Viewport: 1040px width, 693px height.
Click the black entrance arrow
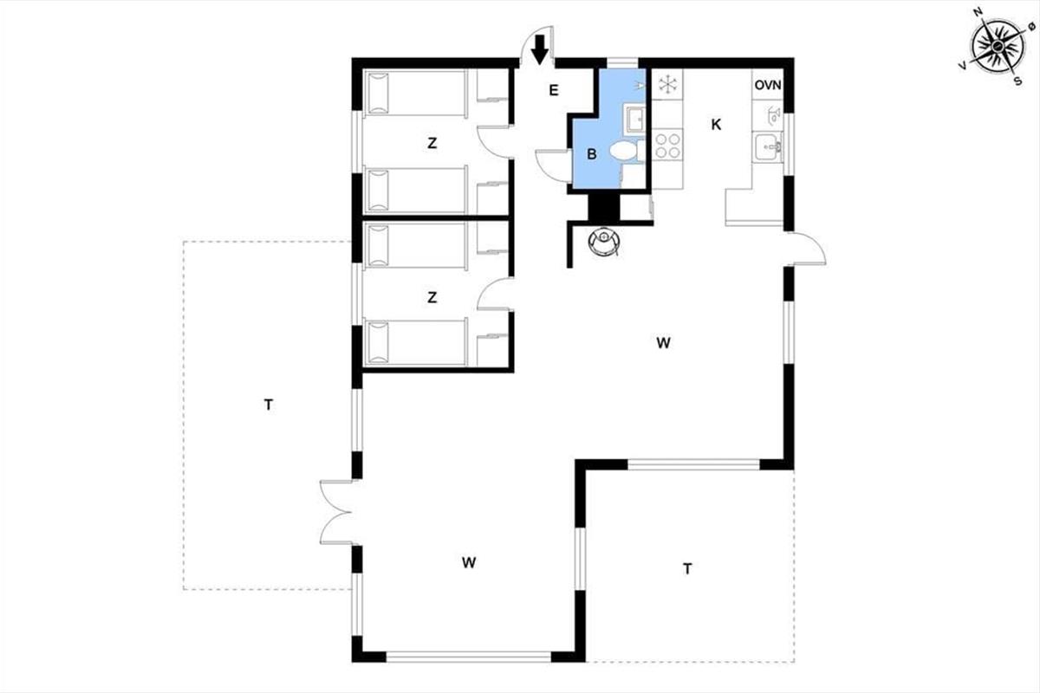point(540,49)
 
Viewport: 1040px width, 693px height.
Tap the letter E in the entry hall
point(554,89)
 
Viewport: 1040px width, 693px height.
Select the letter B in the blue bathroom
point(592,155)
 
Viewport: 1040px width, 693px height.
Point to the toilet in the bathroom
point(623,152)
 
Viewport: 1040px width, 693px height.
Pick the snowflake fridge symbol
point(667,85)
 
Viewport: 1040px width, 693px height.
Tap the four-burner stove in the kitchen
point(666,144)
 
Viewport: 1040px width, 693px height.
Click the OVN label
point(768,85)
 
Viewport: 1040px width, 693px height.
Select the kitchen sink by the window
point(766,147)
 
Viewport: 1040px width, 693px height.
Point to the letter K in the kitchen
point(716,125)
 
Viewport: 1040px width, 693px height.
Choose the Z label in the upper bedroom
point(432,144)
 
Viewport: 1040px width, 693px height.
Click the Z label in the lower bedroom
point(432,298)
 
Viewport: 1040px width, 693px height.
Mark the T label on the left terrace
point(269,404)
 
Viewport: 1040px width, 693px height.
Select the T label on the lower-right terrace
point(687,569)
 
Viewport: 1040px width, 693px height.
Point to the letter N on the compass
point(978,12)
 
